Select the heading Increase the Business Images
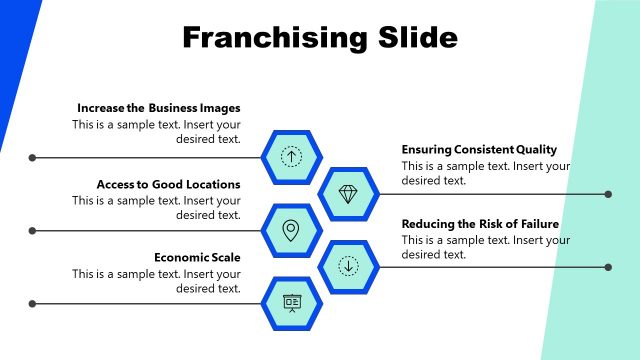[x=158, y=108]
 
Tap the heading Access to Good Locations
[x=168, y=184]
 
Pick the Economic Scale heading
[x=197, y=257]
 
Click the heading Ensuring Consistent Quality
[x=479, y=149]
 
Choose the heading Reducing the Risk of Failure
[x=480, y=224]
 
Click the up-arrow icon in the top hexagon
[x=291, y=156]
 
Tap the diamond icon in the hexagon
[x=348, y=194]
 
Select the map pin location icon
[x=291, y=230]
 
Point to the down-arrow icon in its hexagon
[x=348, y=266]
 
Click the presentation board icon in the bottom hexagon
[x=291, y=303]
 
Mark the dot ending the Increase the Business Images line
[x=33, y=157]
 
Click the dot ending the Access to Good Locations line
[x=33, y=231]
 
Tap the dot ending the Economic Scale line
[x=33, y=304]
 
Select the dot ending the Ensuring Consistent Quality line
[x=609, y=194]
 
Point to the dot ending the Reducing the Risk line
[x=609, y=267]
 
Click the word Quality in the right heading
[x=535, y=149]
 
